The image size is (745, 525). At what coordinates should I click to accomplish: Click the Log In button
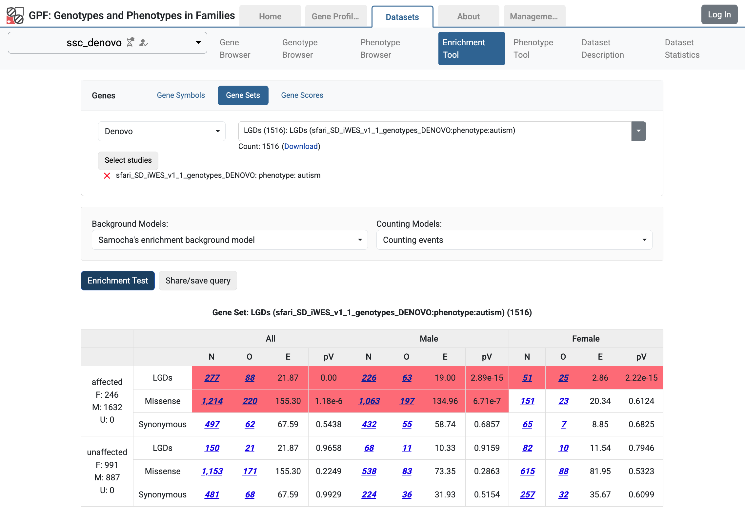click(x=719, y=15)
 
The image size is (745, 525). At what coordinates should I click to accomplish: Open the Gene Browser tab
click(x=235, y=49)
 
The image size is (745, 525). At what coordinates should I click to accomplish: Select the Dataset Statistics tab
click(x=682, y=49)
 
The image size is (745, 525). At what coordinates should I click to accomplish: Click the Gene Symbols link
click(x=181, y=95)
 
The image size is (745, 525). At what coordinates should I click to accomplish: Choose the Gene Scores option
click(x=302, y=95)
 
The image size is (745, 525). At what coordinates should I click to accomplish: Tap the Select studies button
click(x=128, y=160)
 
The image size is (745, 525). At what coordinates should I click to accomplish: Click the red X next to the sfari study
click(x=107, y=176)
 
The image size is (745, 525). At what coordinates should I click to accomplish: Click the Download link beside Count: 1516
click(x=301, y=146)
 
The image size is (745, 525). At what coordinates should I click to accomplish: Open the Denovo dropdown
click(x=162, y=131)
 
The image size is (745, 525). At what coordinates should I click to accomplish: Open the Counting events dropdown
click(x=514, y=240)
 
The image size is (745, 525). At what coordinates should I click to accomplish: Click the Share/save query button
click(x=198, y=281)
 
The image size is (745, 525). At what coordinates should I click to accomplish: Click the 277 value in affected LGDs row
click(x=212, y=378)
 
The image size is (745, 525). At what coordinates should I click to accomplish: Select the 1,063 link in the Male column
click(x=369, y=401)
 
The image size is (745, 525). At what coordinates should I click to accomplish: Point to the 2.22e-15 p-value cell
click(x=641, y=378)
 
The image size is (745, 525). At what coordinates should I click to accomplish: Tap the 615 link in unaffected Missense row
click(x=527, y=471)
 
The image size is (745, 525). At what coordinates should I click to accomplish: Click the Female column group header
click(x=586, y=339)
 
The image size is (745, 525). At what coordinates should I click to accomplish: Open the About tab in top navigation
click(x=468, y=16)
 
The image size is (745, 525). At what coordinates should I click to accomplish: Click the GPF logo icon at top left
click(x=15, y=16)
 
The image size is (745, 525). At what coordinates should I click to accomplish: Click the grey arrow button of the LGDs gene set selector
click(x=638, y=131)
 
